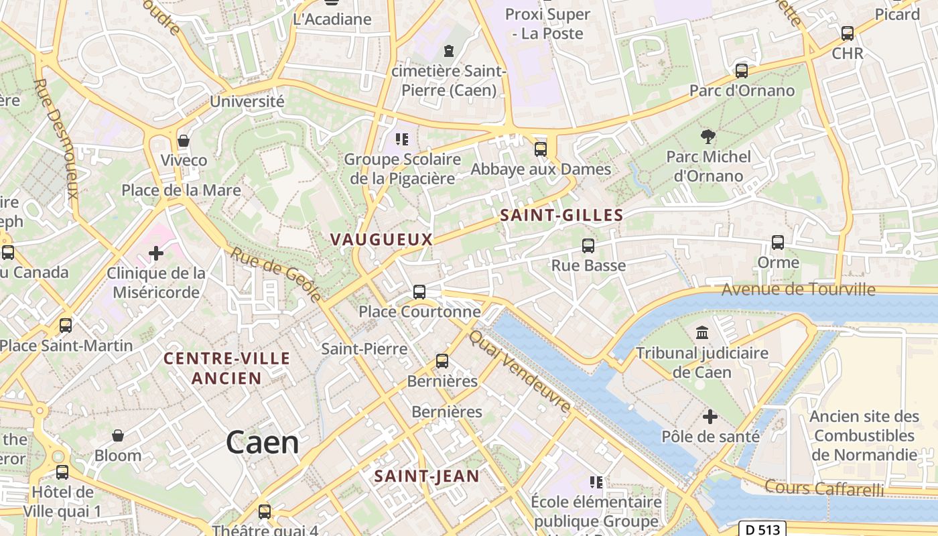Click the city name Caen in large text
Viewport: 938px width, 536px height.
(262, 443)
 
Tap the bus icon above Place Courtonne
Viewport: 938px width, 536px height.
(419, 292)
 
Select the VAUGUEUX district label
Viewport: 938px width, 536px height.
(381, 239)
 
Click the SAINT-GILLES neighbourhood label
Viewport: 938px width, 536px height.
(561, 215)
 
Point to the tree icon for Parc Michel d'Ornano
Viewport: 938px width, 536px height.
(708, 137)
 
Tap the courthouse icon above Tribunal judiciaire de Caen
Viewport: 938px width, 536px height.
(702, 332)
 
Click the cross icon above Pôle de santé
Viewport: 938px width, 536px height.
(710, 417)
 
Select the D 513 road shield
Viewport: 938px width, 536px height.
(763, 529)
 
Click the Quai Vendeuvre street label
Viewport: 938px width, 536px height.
(521, 372)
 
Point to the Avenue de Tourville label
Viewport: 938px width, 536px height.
(798, 289)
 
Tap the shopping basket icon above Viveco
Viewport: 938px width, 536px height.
(184, 141)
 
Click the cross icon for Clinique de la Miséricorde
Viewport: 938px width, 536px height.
(156, 253)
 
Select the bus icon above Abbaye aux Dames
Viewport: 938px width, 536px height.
(541, 149)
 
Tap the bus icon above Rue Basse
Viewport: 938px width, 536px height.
(588, 246)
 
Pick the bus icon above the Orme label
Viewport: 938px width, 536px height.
(778, 243)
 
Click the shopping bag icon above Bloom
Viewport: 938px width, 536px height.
(118, 436)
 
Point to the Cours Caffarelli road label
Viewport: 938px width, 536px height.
(824, 488)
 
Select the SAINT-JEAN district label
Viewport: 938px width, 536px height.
(427, 476)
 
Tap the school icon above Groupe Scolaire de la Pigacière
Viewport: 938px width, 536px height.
(402, 139)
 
